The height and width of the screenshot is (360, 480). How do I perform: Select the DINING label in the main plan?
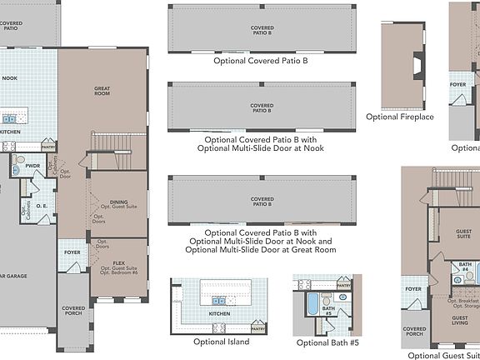click(x=119, y=202)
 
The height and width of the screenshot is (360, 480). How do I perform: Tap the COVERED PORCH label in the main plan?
click(x=73, y=310)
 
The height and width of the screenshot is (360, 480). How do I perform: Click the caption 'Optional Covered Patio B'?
click(x=261, y=61)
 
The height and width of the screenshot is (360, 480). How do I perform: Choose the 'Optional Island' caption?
click(x=220, y=342)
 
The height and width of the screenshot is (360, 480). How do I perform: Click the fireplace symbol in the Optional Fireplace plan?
click(x=417, y=63)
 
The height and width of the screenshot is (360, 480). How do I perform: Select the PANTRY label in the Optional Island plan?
click(x=258, y=328)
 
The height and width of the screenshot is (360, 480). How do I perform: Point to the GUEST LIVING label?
click(x=460, y=319)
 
